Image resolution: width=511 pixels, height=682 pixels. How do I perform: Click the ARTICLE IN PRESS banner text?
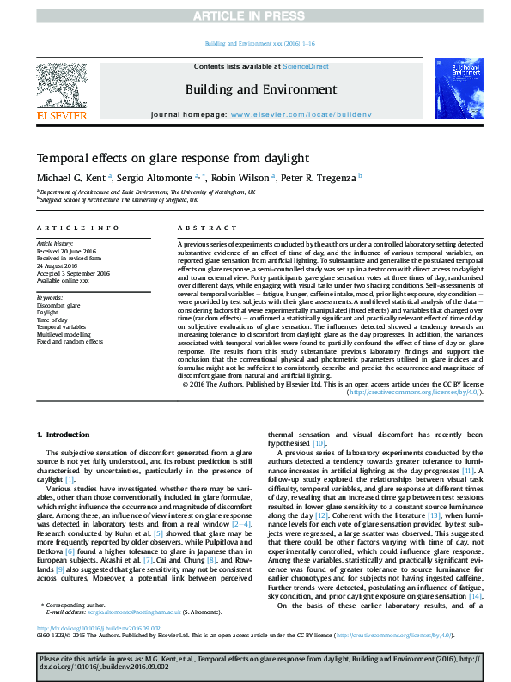coord(255,15)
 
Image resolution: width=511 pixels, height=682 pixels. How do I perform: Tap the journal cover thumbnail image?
coord(450,90)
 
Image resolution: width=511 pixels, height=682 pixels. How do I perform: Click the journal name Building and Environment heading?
coord(255,88)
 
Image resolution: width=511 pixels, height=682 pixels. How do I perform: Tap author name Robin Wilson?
coord(242,177)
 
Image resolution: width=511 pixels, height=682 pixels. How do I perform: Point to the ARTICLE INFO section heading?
coord(77,228)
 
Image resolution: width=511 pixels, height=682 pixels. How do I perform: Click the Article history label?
coord(55,244)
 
